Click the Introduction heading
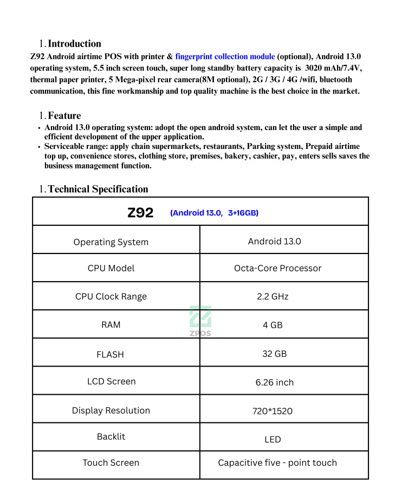74,44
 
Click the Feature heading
64,115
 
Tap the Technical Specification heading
98,189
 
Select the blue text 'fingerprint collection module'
225,56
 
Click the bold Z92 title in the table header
140,213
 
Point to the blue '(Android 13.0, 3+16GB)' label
214,213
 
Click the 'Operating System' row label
111,242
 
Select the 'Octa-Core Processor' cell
277,268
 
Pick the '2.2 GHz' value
273,296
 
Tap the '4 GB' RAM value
273,325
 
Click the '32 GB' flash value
274,354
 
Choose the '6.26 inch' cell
274,382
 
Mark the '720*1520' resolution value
272,411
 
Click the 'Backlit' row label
111,437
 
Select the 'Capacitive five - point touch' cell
277,463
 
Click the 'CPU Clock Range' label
111,296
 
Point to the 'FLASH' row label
110,354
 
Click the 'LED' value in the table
273,439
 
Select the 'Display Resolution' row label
111,411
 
